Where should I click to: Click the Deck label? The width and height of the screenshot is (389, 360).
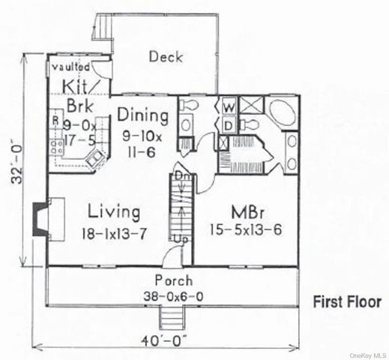pyautogui.click(x=163, y=56)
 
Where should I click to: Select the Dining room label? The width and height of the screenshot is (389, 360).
pyautogui.click(x=142, y=115)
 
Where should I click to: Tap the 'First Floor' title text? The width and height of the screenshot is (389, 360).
pyautogui.click(x=346, y=302)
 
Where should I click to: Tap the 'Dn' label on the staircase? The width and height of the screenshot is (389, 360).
pyautogui.click(x=181, y=175)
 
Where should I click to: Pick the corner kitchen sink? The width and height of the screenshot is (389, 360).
pyautogui.click(x=96, y=157)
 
